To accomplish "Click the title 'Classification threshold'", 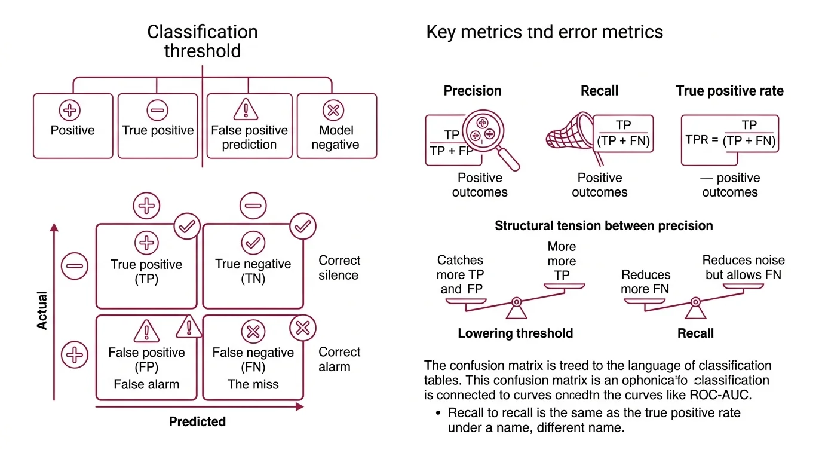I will (203, 41).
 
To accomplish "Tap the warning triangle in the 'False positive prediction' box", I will (245, 109).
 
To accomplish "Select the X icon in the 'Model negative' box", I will (333, 110).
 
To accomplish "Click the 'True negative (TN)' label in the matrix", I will (253, 271).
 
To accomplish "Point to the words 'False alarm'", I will (146, 384).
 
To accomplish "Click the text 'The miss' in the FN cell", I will (253, 384).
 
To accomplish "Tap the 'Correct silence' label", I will (339, 268).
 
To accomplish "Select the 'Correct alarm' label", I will (339, 359).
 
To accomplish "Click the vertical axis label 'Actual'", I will (42, 310).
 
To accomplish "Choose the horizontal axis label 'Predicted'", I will (197, 421).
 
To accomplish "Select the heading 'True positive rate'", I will (729, 91).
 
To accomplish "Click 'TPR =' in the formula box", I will (702, 140).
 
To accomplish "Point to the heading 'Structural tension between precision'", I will (604, 226).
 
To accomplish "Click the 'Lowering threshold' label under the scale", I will (515, 333).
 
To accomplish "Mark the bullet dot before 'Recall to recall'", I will (438, 413).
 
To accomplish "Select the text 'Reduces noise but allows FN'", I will (743, 267).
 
